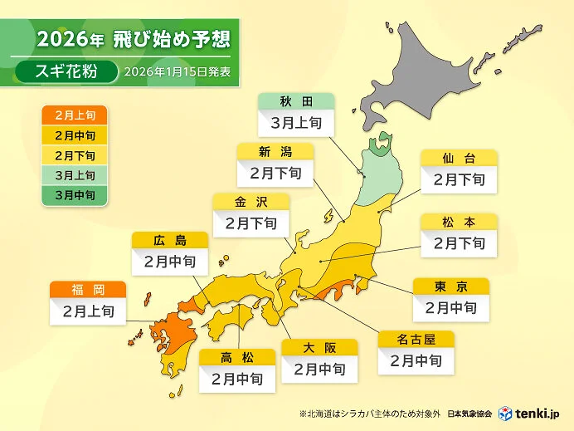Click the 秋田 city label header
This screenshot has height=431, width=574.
[296, 102]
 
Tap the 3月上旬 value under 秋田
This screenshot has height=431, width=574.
[296, 124]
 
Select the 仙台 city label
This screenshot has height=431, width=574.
[459, 158]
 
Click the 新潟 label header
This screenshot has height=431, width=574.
[275, 152]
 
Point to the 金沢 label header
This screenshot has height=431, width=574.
[251, 202]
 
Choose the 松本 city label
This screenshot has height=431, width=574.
[459, 222]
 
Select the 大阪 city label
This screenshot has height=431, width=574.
[319, 347]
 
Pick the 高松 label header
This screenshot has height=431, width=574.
[237, 357]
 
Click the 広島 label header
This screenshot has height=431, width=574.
[170, 241]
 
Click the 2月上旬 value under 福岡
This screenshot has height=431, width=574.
[88, 312]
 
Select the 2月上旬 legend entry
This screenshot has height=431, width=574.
[74, 115]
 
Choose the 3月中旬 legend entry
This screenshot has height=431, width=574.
[74, 195]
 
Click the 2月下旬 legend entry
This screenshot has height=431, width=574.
[74, 155]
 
